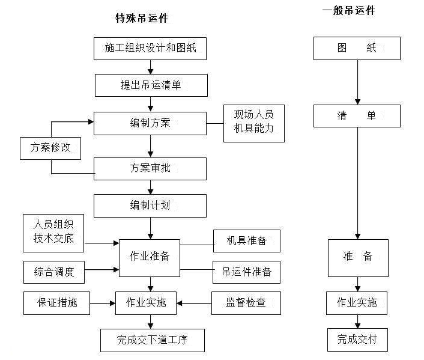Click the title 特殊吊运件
tap(142, 19)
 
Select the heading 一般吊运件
tap(348, 11)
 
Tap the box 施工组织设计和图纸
tap(150, 49)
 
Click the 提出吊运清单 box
tap(151, 85)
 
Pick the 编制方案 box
tap(150, 123)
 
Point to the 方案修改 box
tap(50, 148)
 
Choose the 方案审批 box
tap(150, 169)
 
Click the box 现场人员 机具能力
tap(254, 123)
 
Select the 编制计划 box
tap(150, 206)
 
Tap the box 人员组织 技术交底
tap(53, 233)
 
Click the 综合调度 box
tap(54, 272)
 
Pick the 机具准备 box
tap(247, 241)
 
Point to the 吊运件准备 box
tap(246, 272)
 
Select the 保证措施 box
tap(56, 303)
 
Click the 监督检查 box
tap(246, 303)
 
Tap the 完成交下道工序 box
tap(153, 340)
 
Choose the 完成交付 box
tap(357, 340)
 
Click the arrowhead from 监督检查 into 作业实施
tap(180, 303)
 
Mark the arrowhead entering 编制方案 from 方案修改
tap(91, 122)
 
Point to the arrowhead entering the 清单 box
tap(357, 102)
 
